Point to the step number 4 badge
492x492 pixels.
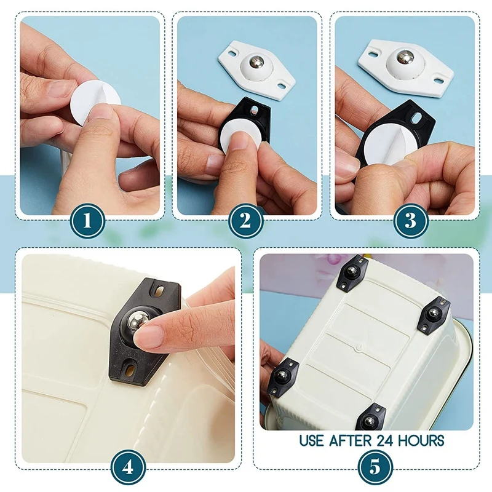pyautogui.click(x=128, y=467)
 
